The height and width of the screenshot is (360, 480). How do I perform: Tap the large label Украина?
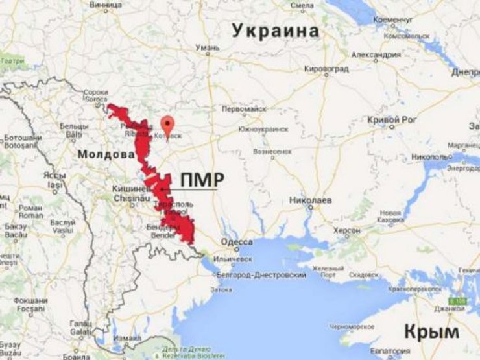point(276,30)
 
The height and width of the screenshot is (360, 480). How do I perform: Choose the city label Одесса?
point(238,242)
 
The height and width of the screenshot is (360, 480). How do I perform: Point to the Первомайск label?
point(245,109)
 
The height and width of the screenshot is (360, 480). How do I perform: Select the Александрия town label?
point(374,55)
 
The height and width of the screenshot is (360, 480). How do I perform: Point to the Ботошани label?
point(18,138)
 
